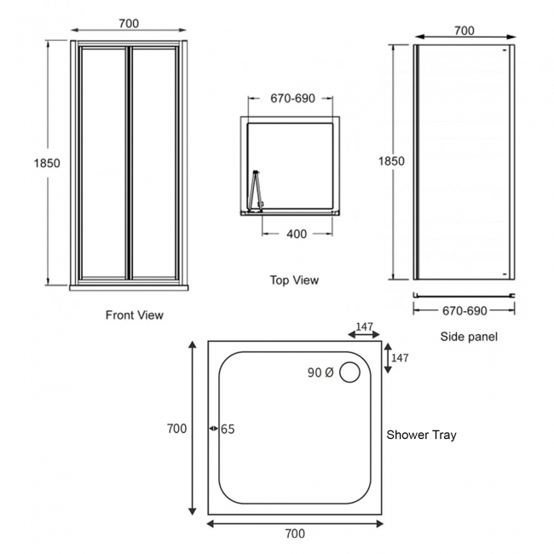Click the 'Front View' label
click(135, 315)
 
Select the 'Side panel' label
click(469, 337)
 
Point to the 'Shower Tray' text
click(421, 435)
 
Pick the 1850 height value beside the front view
click(46, 163)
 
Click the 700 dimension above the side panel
click(464, 31)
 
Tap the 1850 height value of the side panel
click(390, 161)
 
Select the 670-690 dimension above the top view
click(292, 98)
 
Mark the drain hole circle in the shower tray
click(349, 372)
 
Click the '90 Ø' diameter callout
click(320, 372)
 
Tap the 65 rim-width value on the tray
click(228, 429)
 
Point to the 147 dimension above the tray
click(365, 326)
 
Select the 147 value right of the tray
click(400, 358)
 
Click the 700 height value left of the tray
click(176, 429)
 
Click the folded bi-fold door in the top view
click(255, 189)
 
